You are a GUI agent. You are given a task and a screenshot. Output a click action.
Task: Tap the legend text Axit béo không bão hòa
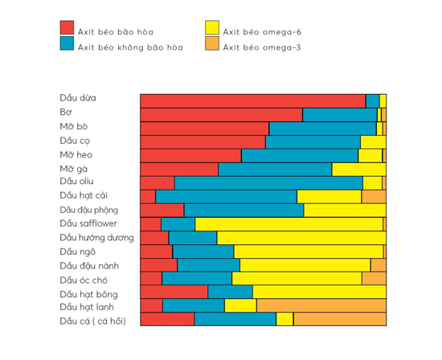coord(130,47)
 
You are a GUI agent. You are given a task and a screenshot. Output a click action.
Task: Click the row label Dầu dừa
coord(78,98)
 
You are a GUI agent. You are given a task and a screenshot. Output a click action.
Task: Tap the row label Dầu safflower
coord(88,223)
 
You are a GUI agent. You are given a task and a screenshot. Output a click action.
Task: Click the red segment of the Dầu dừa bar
coord(252,100)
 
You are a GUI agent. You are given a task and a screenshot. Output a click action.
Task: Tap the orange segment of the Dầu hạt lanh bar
coord(321,305)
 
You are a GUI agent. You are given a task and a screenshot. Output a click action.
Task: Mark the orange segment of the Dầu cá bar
coord(339,319)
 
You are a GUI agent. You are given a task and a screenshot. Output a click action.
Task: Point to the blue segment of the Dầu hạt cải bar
coord(226,196)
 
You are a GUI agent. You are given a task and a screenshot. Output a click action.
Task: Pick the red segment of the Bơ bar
coord(221,114)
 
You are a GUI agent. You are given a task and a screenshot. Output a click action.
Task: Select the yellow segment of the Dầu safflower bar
coord(289,223)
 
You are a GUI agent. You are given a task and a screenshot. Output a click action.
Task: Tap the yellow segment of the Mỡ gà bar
coord(358,169)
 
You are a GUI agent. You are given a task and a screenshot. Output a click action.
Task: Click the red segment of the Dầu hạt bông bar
coord(174,292)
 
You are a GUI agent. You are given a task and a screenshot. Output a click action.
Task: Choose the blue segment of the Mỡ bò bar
coord(322,128)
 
